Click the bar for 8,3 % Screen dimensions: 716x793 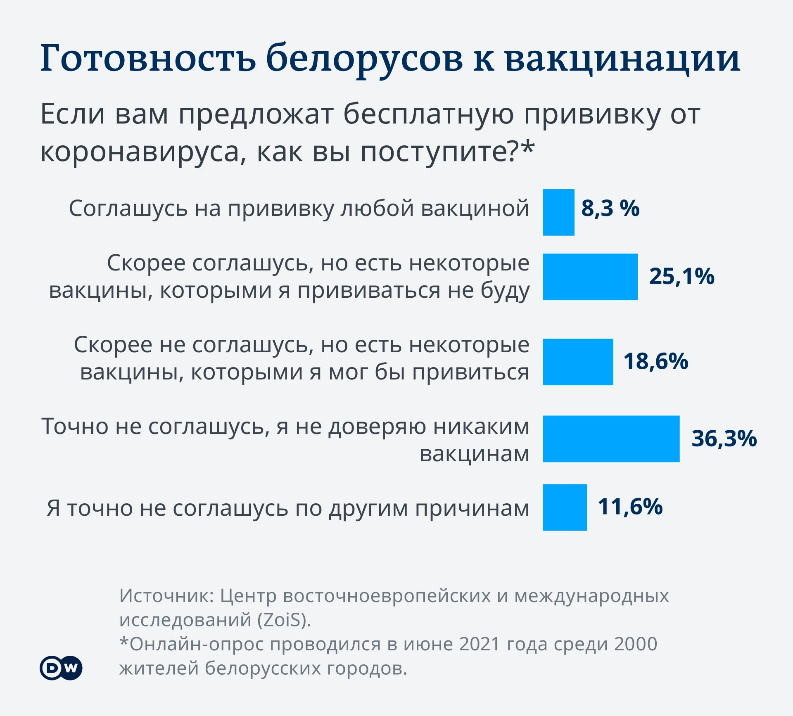click(x=558, y=212)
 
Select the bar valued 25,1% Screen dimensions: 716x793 click(x=590, y=277)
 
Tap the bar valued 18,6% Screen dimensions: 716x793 click(x=578, y=362)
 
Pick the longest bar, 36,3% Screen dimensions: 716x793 click(x=611, y=439)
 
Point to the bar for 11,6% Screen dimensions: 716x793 click(x=565, y=507)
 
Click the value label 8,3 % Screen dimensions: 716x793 click(x=610, y=208)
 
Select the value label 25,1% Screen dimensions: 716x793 click(x=681, y=276)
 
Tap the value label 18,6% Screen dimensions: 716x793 click(x=655, y=361)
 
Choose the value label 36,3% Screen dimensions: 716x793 click(x=724, y=438)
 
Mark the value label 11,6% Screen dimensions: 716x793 click(x=630, y=507)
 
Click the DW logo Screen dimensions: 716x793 click(x=61, y=668)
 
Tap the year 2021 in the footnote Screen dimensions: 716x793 click(x=479, y=644)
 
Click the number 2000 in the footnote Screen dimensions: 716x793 click(x=635, y=644)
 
